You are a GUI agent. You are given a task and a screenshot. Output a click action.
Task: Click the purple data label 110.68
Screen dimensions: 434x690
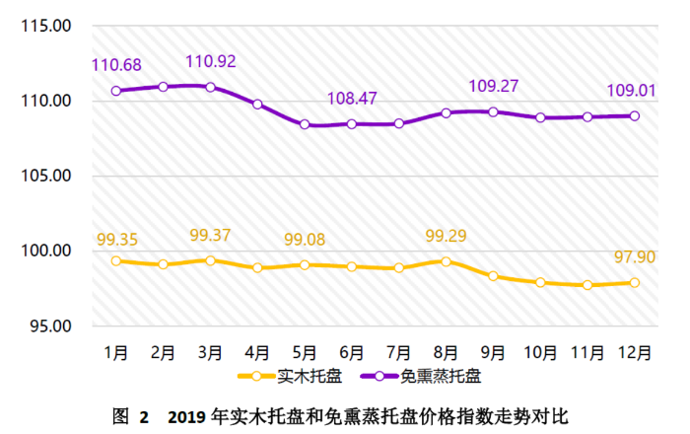[116, 65]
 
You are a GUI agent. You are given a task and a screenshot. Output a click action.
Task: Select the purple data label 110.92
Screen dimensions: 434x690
[210, 62]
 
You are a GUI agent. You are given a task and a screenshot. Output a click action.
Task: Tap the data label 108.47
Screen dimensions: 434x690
[352, 100]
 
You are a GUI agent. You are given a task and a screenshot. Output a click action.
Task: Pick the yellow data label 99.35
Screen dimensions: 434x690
[116, 240]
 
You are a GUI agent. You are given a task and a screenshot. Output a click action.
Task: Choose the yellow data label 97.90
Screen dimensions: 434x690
[633, 258]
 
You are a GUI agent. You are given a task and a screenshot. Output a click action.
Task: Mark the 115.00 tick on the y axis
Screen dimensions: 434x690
[46, 27]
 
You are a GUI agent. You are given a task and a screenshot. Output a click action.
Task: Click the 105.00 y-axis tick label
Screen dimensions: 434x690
[46, 177]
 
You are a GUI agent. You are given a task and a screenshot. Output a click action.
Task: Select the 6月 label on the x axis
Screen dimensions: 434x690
[352, 351]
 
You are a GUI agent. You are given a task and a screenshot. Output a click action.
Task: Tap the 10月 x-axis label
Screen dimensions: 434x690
[540, 351]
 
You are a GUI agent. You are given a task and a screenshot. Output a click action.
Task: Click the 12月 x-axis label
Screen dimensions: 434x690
[634, 351]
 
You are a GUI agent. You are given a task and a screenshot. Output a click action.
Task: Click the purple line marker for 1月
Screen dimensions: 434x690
[116, 91]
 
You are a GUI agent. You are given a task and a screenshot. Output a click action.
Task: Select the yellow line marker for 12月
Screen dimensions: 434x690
[635, 283]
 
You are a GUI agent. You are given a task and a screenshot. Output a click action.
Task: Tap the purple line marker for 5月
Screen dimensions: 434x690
[305, 125]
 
